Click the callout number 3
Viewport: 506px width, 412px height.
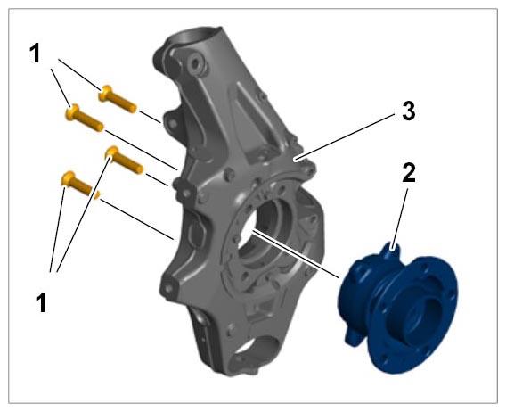[x=409, y=111]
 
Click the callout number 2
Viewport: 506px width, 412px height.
[x=409, y=173]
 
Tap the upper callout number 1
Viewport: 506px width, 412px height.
[x=35, y=54]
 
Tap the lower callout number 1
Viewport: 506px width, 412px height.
[x=41, y=302]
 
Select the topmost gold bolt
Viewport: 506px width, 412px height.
[x=118, y=99]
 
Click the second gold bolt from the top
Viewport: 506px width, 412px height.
[x=85, y=118]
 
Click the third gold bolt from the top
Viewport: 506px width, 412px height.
[x=125, y=160]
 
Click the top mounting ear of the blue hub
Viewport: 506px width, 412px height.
[x=391, y=251]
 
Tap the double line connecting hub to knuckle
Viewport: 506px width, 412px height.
[x=295, y=253]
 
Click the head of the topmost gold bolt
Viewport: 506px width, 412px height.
[x=105, y=93]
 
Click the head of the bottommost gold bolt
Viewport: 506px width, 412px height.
[x=68, y=178]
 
